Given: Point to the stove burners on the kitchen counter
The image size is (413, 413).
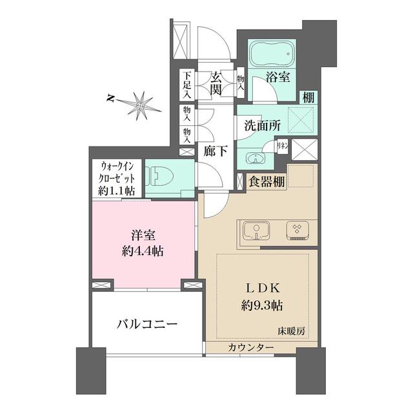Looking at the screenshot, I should pyautogui.click(x=299, y=230).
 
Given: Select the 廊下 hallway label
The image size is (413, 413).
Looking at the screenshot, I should pyautogui.click(x=215, y=153).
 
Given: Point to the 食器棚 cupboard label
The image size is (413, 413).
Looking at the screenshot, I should pyautogui.click(x=267, y=182).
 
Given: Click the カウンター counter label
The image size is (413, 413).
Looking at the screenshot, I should pyautogui.click(x=251, y=348).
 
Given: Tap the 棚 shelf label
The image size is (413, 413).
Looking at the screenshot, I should pyautogui.click(x=309, y=97).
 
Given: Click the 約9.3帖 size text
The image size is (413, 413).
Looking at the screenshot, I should pyautogui.click(x=263, y=303).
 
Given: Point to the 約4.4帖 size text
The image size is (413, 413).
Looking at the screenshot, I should pyautogui.click(x=143, y=251).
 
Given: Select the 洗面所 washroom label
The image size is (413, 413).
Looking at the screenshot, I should pyautogui.click(x=263, y=126).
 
